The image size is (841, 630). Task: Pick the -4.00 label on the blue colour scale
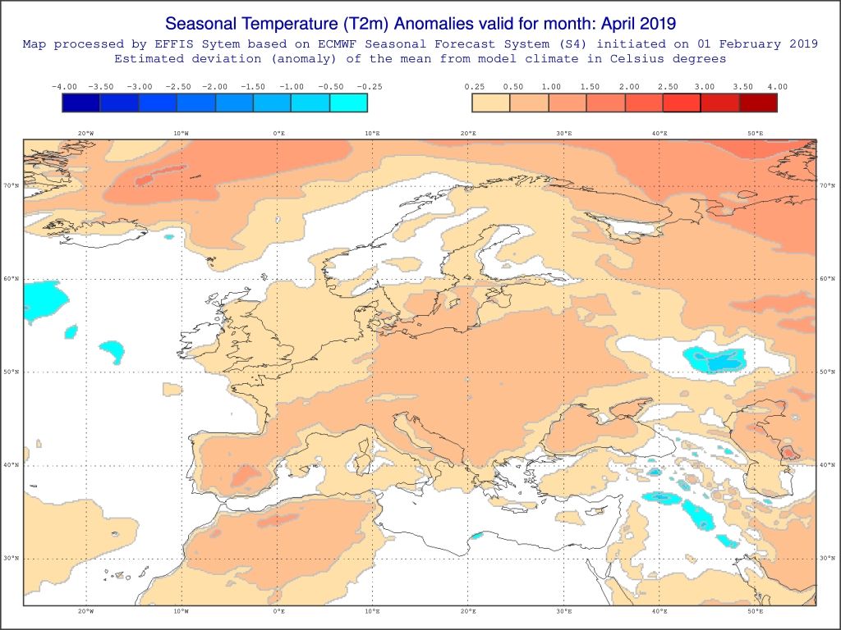(63, 86)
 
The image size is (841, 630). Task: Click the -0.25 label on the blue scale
(369, 86)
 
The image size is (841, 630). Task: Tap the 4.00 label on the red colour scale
(776, 86)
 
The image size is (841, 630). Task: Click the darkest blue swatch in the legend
(80, 103)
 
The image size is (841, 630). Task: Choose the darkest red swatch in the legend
(758, 103)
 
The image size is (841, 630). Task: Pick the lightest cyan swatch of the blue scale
(348, 103)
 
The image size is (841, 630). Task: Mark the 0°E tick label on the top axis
(278, 133)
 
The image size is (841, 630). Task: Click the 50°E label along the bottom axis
(755, 610)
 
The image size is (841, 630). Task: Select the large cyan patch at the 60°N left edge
(41, 300)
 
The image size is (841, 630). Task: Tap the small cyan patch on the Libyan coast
(476, 536)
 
